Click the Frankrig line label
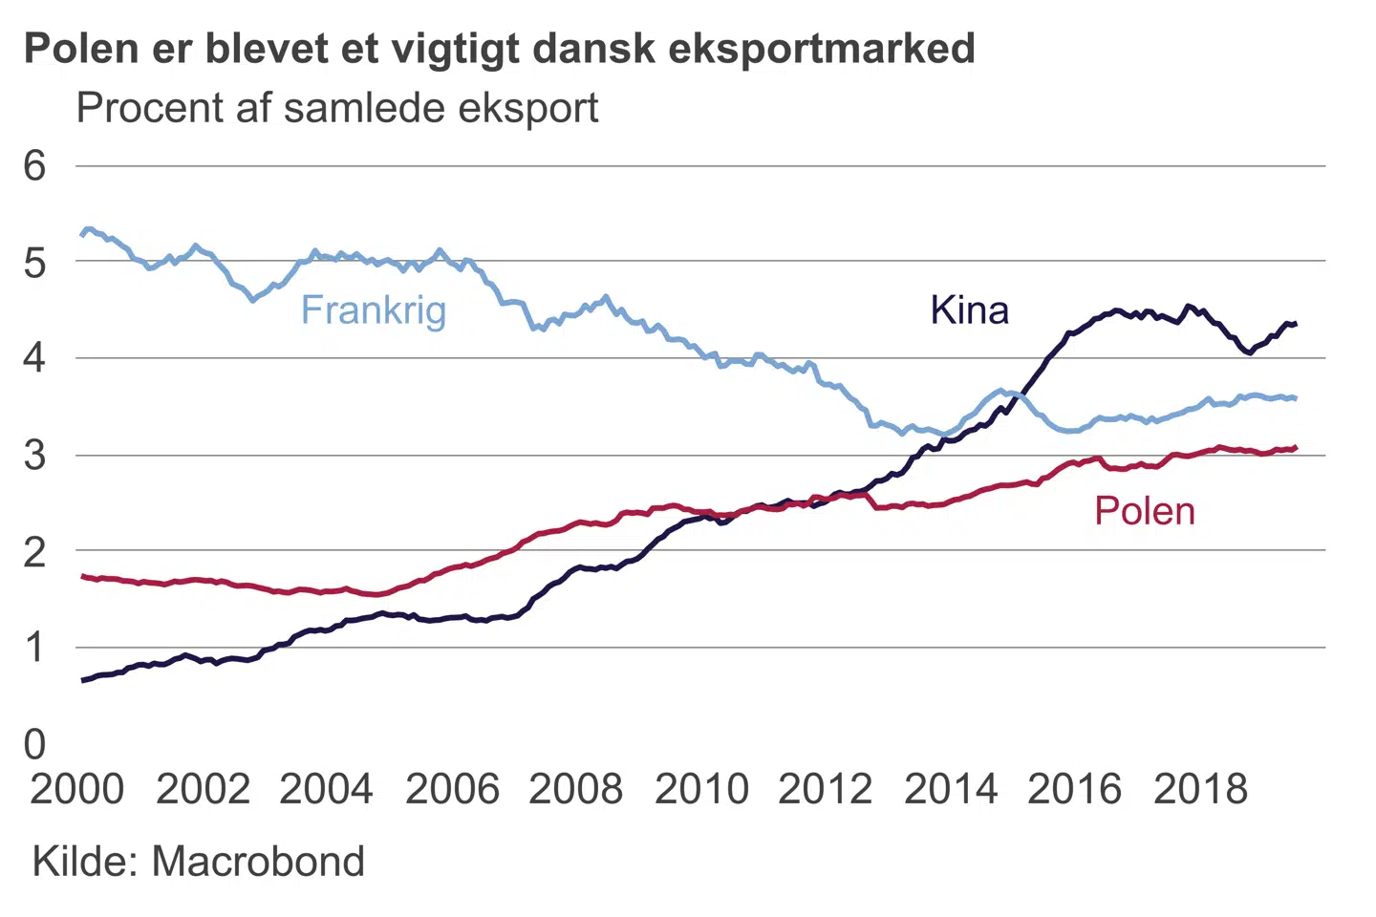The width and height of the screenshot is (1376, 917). (374, 310)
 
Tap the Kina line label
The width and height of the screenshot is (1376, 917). (969, 310)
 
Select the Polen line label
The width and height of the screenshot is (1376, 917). (1144, 511)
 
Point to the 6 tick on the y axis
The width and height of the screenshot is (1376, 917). (34, 166)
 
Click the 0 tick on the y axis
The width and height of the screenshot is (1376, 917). (34, 744)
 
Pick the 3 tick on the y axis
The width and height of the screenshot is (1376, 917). (34, 456)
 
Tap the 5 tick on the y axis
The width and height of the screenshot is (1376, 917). (34, 262)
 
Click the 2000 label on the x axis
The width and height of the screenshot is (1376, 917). (77, 790)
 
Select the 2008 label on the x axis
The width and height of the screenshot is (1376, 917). (575, 790)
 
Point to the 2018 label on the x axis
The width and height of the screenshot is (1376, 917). (1200, 790)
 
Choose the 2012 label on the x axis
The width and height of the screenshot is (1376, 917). (826, 790)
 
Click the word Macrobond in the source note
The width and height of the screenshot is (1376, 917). (258, 862)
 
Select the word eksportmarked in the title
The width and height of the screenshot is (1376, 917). (822, 48)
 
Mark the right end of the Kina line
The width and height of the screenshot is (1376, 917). (1295, 325)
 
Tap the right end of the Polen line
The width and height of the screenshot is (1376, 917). (1295, 447)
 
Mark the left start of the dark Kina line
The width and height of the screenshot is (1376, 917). (82, 681)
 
